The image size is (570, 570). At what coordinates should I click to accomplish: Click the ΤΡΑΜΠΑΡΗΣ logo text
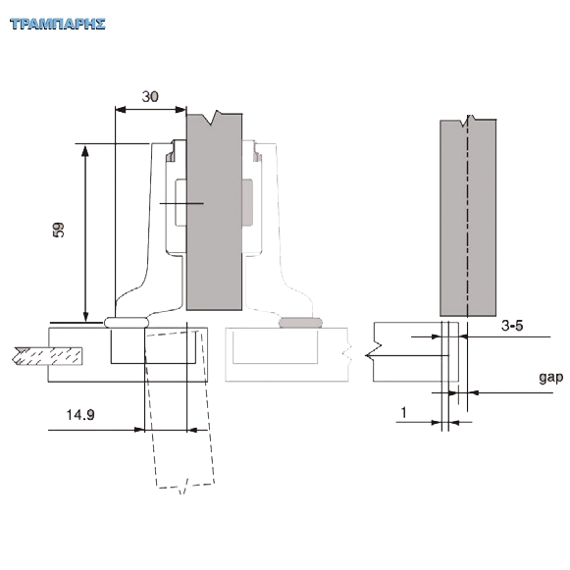58,24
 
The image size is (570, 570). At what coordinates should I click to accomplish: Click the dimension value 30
150,97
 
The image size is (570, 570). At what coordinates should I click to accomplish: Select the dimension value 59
58,230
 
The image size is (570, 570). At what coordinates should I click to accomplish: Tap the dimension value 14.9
80,415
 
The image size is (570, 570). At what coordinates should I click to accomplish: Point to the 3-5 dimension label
512,326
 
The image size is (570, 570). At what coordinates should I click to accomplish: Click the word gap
551,378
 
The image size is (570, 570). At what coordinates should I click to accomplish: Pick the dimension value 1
403,412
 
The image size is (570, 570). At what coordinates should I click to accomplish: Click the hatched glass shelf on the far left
46,356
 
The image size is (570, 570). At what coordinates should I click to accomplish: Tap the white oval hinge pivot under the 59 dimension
127,323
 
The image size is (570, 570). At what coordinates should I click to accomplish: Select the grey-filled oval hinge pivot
300,323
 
